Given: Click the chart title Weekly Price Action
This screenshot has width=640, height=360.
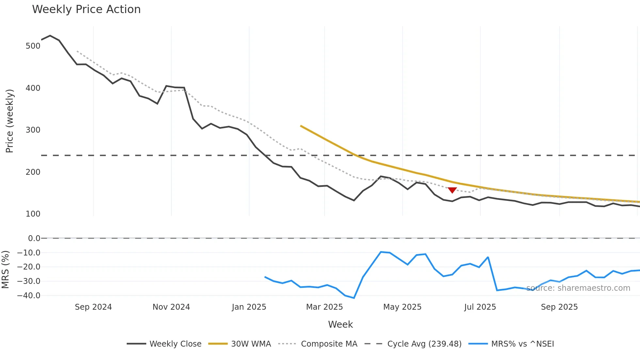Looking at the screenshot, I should click(86, 9).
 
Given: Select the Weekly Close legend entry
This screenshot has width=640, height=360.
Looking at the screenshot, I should click(165, 344).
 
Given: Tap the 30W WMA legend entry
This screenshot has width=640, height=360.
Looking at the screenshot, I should click(240, 344).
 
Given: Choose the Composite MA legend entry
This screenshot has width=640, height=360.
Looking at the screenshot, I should click(318, 344).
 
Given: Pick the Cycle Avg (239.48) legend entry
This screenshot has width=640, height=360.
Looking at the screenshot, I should click(413, 344).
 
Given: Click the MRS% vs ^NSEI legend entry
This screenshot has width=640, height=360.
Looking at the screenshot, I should click(511, 344).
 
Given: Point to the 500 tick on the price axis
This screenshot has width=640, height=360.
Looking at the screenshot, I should click(33, 46).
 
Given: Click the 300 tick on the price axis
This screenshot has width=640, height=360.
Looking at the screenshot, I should click(33, 130).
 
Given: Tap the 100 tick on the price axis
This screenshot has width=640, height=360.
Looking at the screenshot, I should click(33, 214).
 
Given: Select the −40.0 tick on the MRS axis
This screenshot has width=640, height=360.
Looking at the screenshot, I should click(29, 296).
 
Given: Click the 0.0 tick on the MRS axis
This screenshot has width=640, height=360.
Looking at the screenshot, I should click(34, 238).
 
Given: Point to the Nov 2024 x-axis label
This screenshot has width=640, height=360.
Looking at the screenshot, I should click(171, 307).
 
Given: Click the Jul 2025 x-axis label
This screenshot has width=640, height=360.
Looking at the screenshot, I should click(480, 307).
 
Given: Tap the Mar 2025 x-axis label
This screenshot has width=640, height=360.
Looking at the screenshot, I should click(324, 307).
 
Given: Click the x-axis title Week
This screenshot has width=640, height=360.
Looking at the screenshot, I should click(340, 324).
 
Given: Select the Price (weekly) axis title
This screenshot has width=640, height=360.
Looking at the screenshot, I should click(9, 121).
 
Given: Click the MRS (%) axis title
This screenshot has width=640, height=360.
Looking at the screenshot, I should click(5, 270).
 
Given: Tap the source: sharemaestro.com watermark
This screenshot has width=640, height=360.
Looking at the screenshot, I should click(578, 288).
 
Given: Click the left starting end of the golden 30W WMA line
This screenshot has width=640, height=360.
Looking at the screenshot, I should click(301, 126).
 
